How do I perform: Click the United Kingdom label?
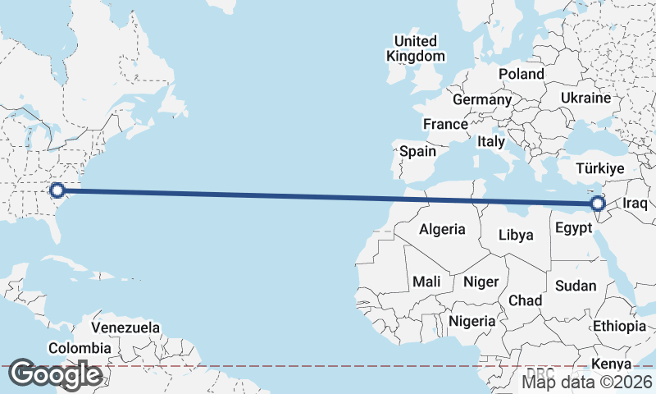point(416,48)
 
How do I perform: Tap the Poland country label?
point(521,74)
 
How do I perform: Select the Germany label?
point(482,99)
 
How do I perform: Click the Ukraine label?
point(585,98)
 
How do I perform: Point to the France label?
point(444,124)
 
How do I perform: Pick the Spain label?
point(417,151)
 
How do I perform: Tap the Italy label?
point(491,141)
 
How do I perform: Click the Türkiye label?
point(600,168)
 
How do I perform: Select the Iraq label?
point(635,203)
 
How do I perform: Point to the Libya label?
point(516,235)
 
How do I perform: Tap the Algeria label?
point(442,230)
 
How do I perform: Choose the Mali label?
point(426,282)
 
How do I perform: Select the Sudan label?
point(576,286)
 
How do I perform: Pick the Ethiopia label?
point(620,326)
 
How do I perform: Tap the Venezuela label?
point(125,328)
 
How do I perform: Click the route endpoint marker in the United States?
point(57,190)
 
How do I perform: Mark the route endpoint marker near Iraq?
point(598,203)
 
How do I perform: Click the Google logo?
point(55,374)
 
